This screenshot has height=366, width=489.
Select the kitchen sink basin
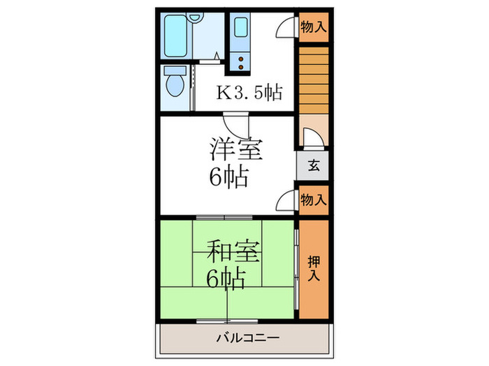click(x=241, y=29)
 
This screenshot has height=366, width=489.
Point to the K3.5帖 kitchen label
click(x=250, y=92)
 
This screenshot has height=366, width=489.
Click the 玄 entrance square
click(x=313, y=166)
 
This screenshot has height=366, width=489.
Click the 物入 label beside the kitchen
click(x=313, y=28)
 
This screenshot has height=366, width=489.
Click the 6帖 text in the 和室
click(x=226, y=279)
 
